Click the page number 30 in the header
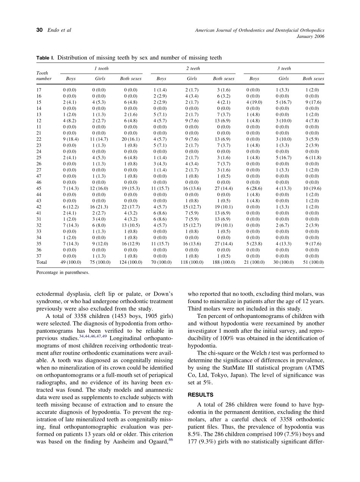pyautogui.click(x=39, y=30)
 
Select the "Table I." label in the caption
pyautogui.click(x=45, y=58)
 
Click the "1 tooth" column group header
pyautogui.click(x=101, y=69)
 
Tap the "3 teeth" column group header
pyautogui.click(x=284, y=69)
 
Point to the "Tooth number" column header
pyautogui.click(x=44, y=75)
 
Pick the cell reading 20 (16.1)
pyautogui.click(x=130, y=139)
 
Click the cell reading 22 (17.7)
pyautogui.click(x=130, y=207)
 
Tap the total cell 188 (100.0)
pyautogui.click(x=224, y=262)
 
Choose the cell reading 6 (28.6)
pyautogui.click(x=254, y=188)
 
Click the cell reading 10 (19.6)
pyautogui.click(x=313, y=188)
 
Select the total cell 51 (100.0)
pyautogui.click(x=313, y=262)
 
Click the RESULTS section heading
pyautogui.click(x=200, y=395)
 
